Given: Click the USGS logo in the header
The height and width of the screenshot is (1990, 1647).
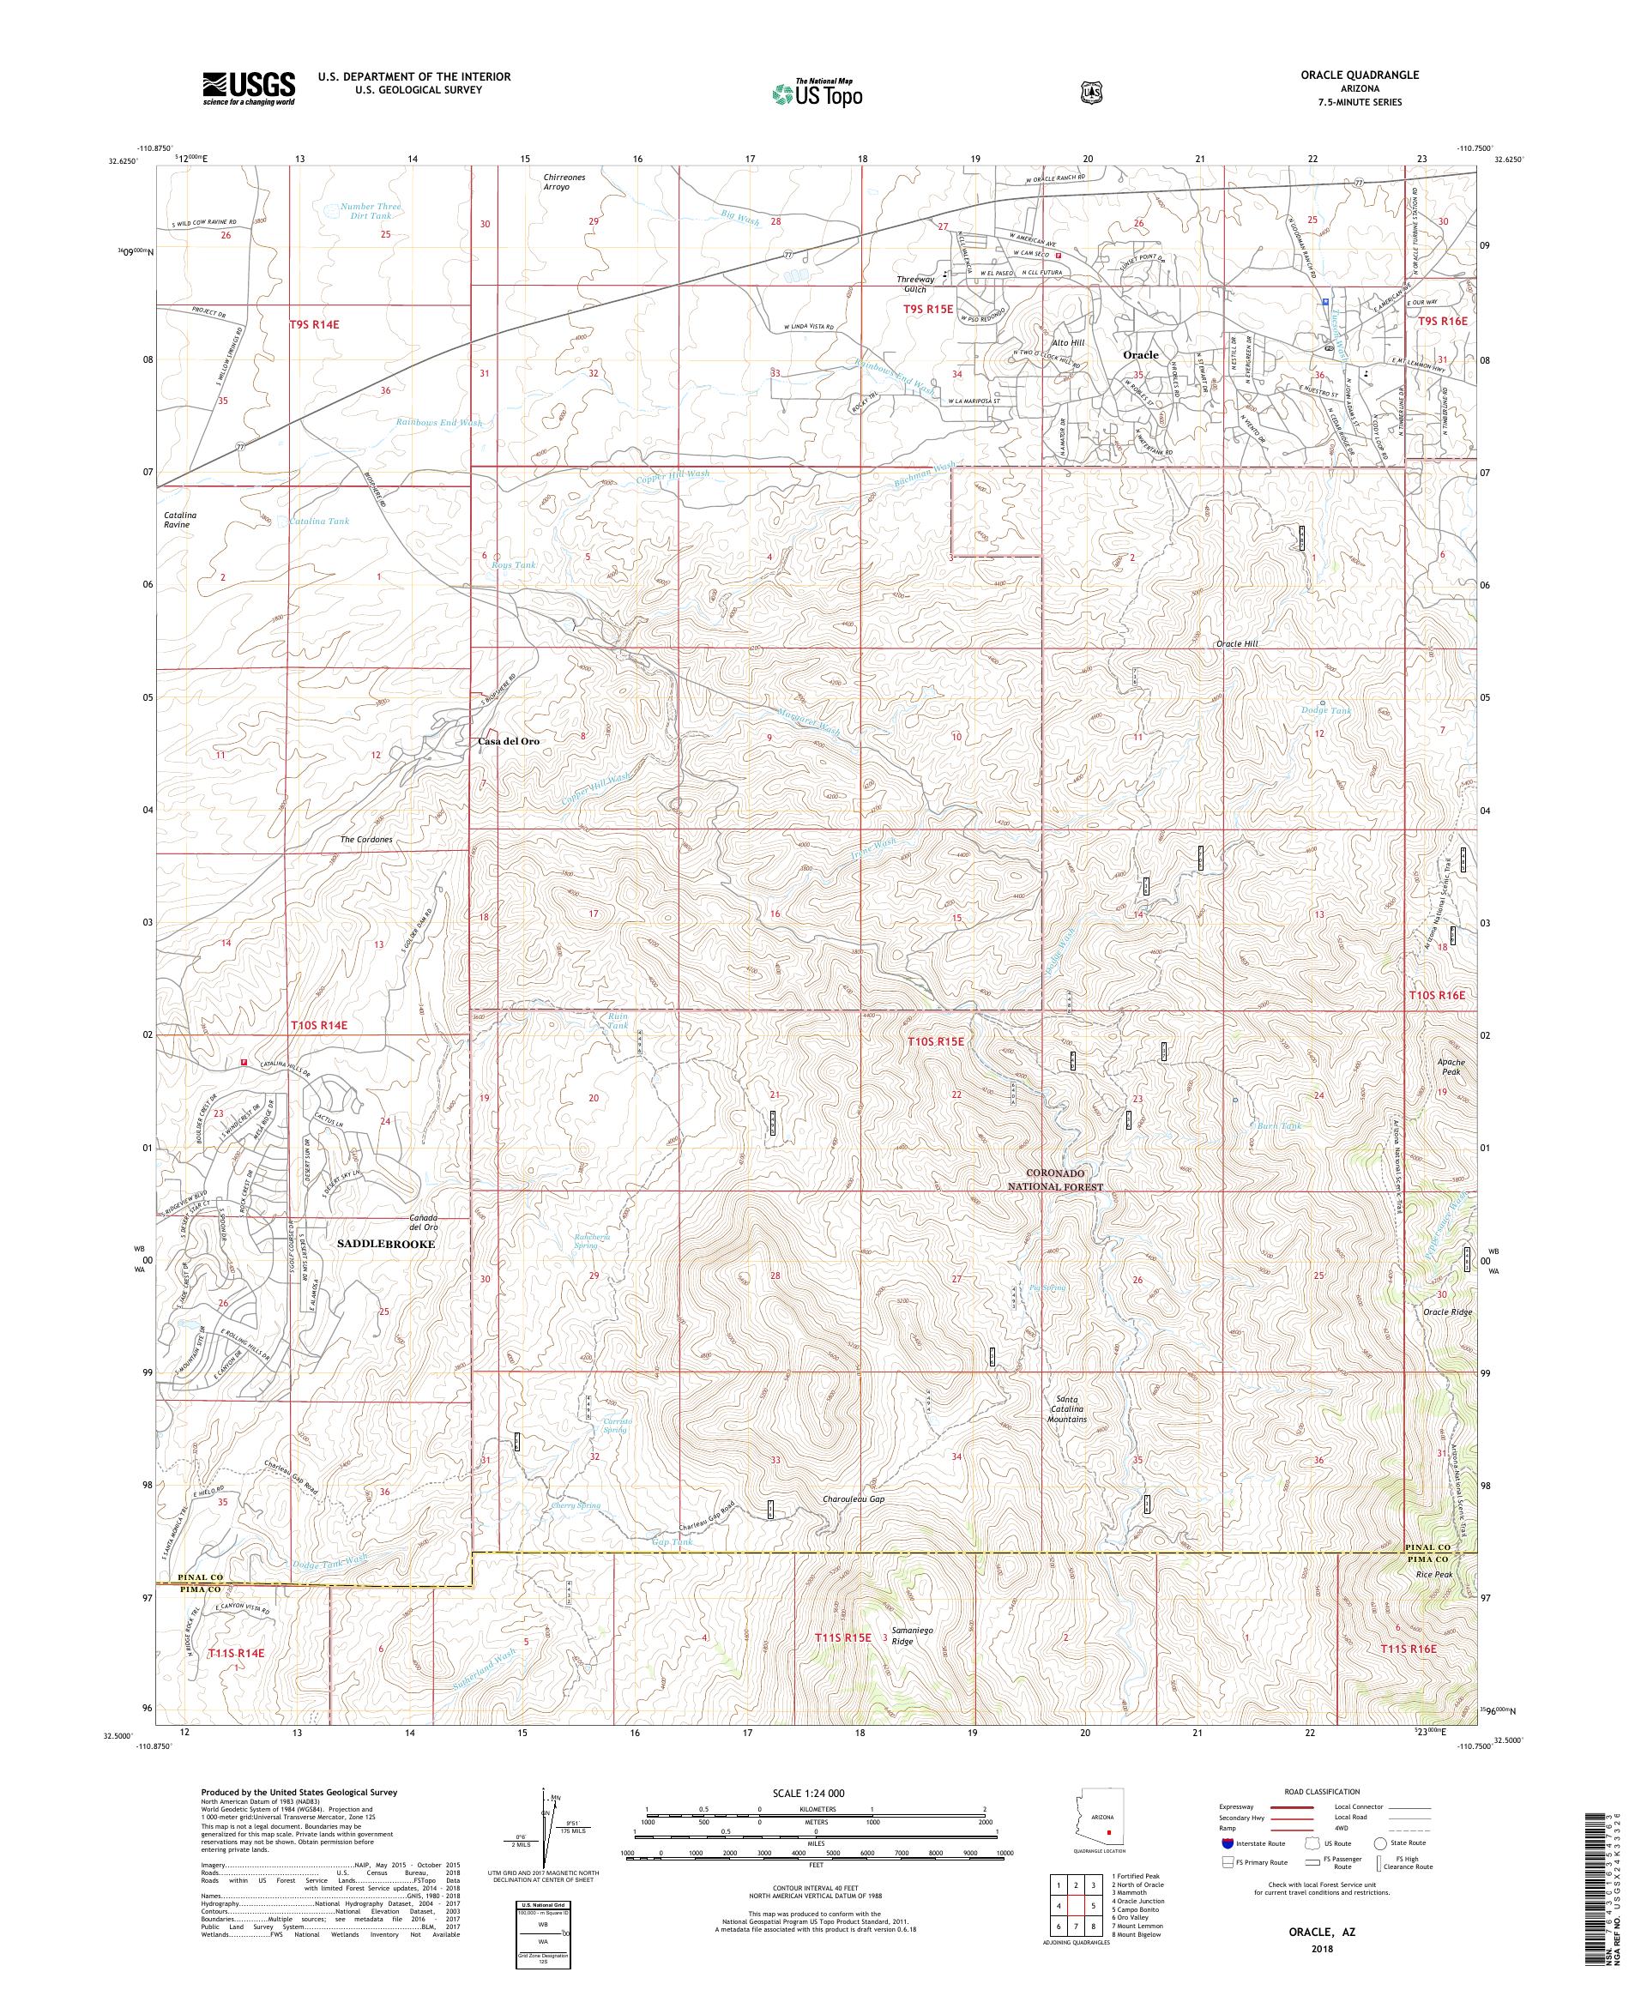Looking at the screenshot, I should pos(248,89).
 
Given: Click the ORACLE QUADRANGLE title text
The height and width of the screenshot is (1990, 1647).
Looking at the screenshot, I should pos(1365,74).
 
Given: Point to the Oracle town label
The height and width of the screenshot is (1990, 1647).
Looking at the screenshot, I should pos(1140,354).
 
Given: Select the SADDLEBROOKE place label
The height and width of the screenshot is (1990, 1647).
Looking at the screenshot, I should pos(387,1242).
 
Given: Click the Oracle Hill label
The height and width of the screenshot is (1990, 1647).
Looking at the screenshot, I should pos(1237,643).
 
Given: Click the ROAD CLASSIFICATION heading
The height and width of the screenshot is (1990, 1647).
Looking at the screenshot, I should pos(1320,1792).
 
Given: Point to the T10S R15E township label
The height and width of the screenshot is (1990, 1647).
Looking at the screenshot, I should pos(935,1041).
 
